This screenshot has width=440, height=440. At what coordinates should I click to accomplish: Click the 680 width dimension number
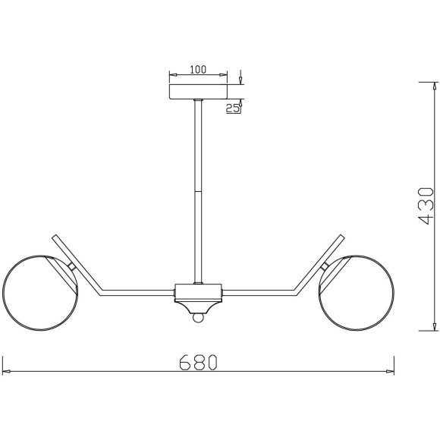tap(198, 363)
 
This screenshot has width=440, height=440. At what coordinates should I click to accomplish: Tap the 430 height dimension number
tap(426, 206)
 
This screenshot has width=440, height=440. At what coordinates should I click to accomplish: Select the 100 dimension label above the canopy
tap(198, 69)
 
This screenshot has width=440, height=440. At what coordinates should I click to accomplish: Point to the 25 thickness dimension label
tap(233, 108)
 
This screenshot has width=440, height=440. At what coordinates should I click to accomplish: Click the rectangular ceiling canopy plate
tap(198, 92)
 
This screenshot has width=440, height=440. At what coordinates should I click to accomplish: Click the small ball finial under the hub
tap(198, 318)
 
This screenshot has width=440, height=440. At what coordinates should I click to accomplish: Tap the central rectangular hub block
tap(198, 291)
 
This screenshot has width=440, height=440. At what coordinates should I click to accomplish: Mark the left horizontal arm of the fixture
tap(137, 293)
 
